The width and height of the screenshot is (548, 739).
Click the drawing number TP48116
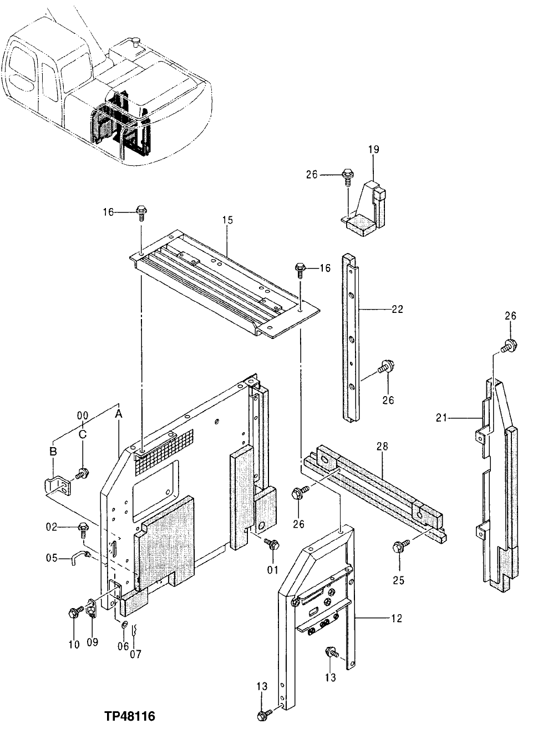tap(129, 716)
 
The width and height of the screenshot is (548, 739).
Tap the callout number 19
tap(373, 149)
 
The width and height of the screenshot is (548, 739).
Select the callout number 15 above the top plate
tap(227, 220)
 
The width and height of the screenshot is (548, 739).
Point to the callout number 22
tap(397, 310)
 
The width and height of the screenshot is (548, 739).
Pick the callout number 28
tap(382, 446)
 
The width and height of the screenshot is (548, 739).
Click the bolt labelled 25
tap(398, 546)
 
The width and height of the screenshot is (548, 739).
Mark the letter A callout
tap(118, 413)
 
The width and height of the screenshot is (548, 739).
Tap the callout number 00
tap(82, 415)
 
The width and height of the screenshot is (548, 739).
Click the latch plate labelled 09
tap(92, 614)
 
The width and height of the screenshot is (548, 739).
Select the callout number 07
tap(136, 654)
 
